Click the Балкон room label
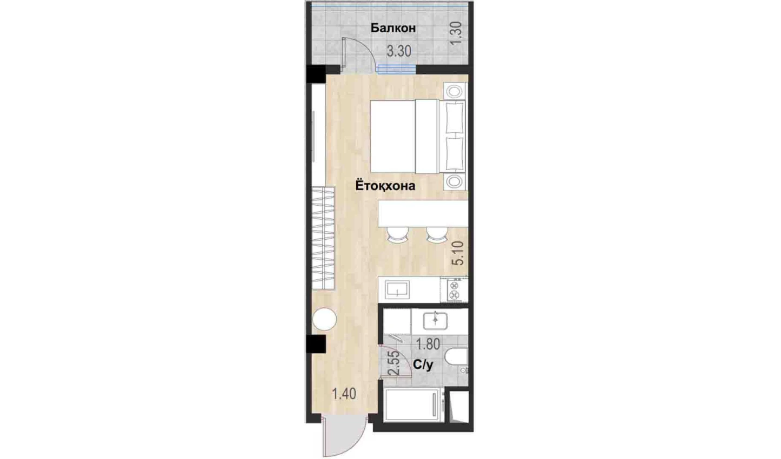click(x=393, y=28)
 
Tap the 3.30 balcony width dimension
click(x=399, y=51)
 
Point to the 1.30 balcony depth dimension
click(x=456, y=33)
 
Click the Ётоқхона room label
click(x=385, y=185)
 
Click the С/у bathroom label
click(x=423, y=365)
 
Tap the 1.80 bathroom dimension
click(x=428, y=345)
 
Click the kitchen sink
click(x=397, y=290)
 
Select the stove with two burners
click(x=454, y=290)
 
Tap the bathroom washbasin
click(x=435, y=321)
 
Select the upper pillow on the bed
click(x=454, y=117)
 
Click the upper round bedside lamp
click(x=455, y=92)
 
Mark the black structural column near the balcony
click(x=316, y=74)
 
